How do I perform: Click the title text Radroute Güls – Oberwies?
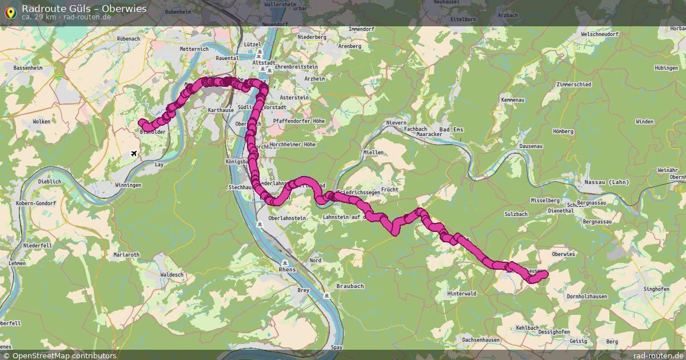click(x=84, y=9)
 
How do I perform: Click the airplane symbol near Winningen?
click(x=134, y=153)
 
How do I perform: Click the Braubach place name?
click(x=350, y=286)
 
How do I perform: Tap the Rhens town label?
click(x=286, y=269)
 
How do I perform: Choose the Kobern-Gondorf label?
click(x=35, y=203)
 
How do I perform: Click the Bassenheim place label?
click(x=28, y=67)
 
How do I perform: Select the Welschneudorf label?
click(x=600, y=34)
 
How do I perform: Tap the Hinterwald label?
click(x=462, y=294)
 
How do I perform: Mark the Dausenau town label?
click(x=531, y=146)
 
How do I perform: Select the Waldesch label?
click(x=173, y=274)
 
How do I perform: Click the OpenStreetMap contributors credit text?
click(x=64, y=355)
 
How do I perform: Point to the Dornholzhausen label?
click(x=587, y=297)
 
